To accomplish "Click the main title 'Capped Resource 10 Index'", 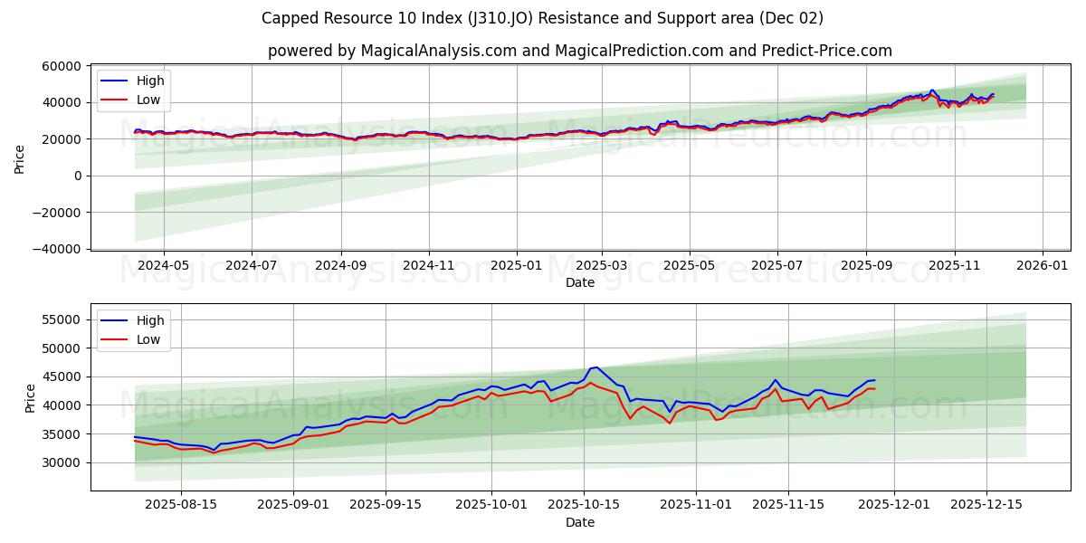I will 542,18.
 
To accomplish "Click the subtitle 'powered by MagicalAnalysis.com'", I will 579,51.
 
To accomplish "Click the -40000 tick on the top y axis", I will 57,249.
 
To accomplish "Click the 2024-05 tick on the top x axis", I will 164,266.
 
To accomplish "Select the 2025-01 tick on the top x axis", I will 517,266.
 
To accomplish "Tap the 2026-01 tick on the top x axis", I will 1043,266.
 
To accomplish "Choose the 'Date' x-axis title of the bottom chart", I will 579,522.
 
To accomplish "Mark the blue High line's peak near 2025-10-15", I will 595,367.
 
